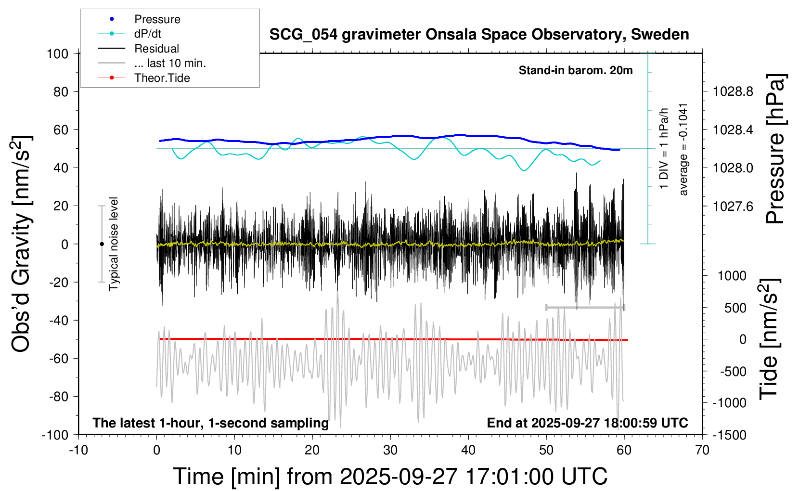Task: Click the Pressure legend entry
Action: tap(157, 19)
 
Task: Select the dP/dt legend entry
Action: tap(147, 34)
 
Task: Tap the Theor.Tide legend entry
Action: tap(162, 78)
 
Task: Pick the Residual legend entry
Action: tap(156, 49)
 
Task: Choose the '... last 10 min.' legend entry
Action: tap(170, 63)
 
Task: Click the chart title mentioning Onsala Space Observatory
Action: tap(479, 35)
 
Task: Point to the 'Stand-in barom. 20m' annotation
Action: tap(576, 70)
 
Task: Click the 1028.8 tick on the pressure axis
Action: tap(733, 91)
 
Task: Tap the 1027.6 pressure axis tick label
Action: tap(733, 206)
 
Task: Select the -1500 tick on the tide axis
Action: tap(729, 435)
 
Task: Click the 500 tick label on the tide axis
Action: tap(735, 308)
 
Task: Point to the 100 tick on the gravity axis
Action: tap(57, 53)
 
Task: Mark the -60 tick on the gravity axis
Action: tap(59, 358)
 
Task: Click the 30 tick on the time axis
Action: tap(390, 451)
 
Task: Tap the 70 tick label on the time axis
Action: tap(702, 451)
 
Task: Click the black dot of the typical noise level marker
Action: tap(102, 244)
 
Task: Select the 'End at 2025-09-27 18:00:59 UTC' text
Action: tap(587, 423)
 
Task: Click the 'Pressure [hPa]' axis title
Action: tap(775, 149)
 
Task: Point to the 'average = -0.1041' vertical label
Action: tap(683, 149)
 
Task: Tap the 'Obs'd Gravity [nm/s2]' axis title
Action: tap(22, 244)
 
